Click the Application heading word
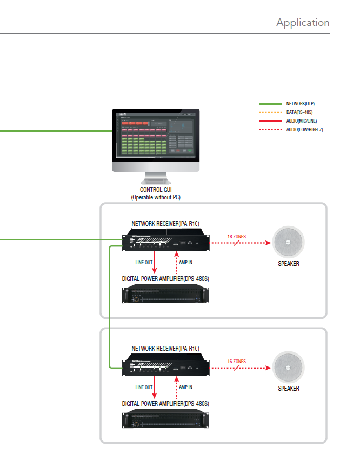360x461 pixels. click(x=303, y=23)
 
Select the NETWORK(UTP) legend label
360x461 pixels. click(x=301, y=103)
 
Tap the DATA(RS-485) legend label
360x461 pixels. click(x=299, y=112)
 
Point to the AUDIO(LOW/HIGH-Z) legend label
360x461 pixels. click(x=305, y=130)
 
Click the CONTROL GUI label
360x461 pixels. click(x=156, y=190)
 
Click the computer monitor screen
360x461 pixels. click(x=156, y=138)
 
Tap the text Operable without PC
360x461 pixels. click(x=156, y=197)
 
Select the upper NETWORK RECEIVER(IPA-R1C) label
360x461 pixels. click(x=162, y=223)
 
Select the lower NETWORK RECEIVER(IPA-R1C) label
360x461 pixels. click(x=162, y=349)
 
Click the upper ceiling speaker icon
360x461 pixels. click(x=289, y=243)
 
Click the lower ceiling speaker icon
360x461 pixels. click(x=289, y=368)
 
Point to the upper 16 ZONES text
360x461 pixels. click(x=236, y=237)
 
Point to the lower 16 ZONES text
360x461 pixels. click(x=236, y=361)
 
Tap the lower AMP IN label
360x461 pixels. click(x=185, y=387)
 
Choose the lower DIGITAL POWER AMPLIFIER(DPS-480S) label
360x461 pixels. click(x=165, y=404)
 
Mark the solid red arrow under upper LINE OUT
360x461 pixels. click(x=155, y=263)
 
